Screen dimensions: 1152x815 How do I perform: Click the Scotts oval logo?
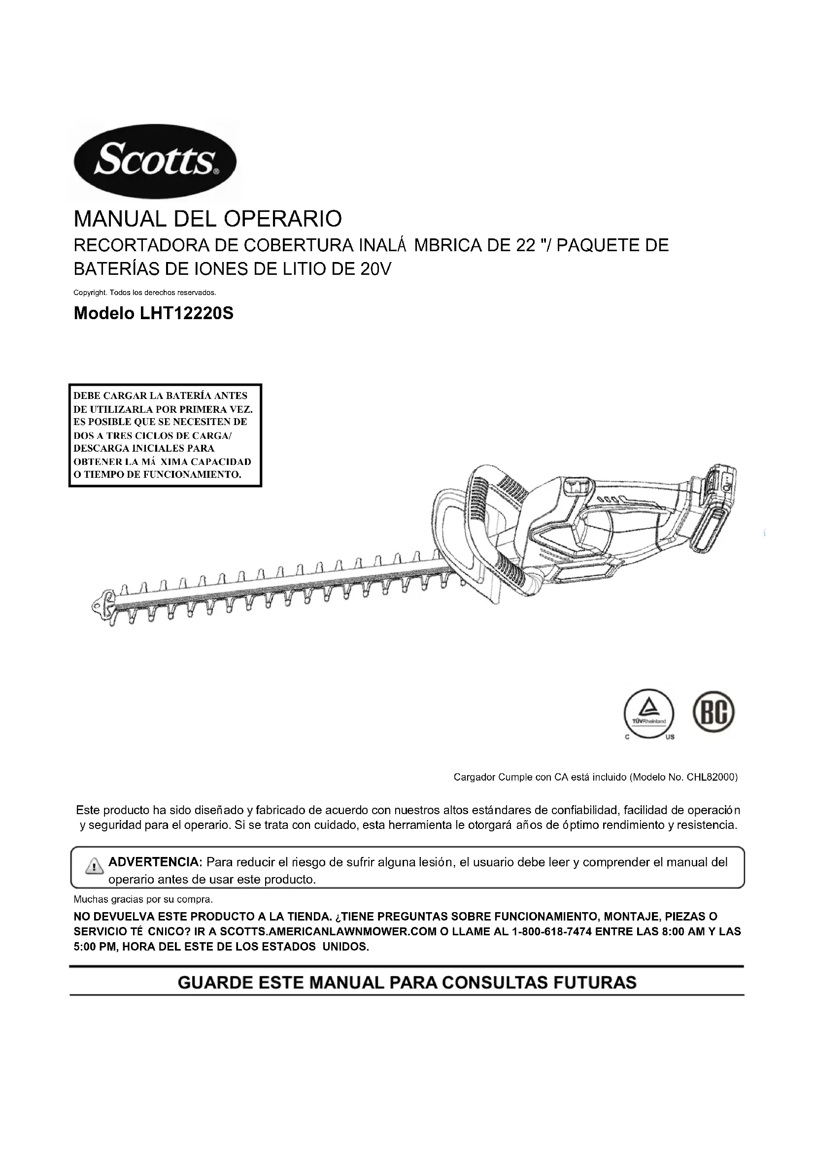click(155, 162)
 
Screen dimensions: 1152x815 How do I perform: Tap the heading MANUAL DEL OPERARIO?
click(208, 219)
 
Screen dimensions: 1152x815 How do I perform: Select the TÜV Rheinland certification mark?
click(649, 714)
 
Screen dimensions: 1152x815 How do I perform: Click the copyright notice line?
click(144, 293)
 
